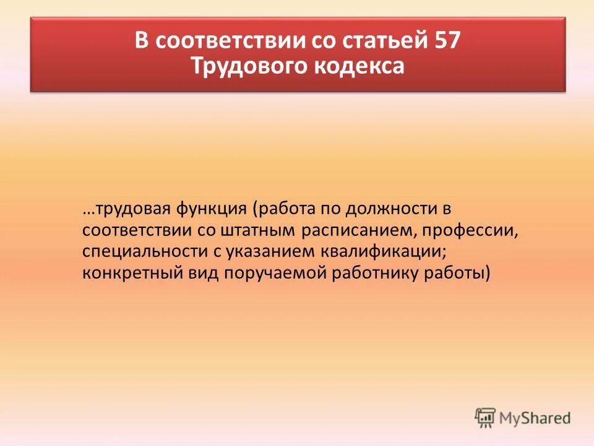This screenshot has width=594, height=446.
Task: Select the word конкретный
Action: [x=130, y=273]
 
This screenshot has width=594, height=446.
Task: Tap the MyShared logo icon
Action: [x=485, y=418]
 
